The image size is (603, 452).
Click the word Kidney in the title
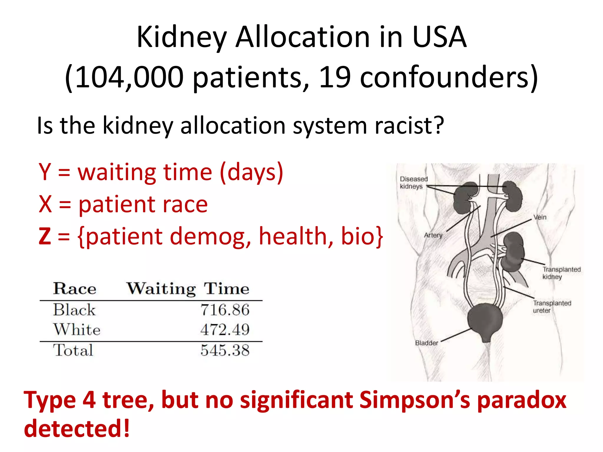pos(182,38)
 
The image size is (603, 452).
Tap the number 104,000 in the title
pos(129,77)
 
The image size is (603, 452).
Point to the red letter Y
pos(45,172)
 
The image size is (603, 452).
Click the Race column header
pos(75,288)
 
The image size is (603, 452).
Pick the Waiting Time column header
pos(188,288)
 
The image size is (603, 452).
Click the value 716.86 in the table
pos(225,310)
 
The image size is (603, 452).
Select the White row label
pos(77,330)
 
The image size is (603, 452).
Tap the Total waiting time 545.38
pos(225,350)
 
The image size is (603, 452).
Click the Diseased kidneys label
pos(413,183)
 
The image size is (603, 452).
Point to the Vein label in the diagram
pos(540,217)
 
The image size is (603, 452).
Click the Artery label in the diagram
pos(433,235)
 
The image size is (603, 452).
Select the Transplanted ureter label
pos(552,307)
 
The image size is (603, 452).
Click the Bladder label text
pos(426,343)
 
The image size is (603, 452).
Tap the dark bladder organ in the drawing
pos(485,321)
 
